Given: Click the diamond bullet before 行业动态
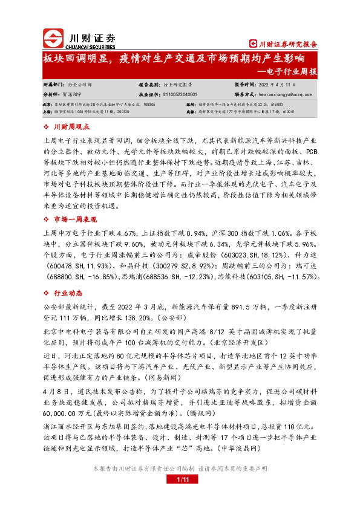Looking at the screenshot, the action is pyautogui.click(x=47, y=293).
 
